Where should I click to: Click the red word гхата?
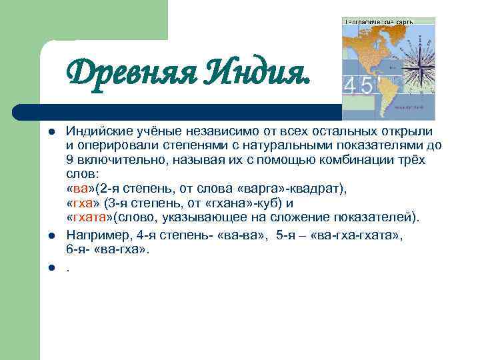coord(89,217)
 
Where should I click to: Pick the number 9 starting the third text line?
coord(69,160)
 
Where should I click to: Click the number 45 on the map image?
coord(357,87)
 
